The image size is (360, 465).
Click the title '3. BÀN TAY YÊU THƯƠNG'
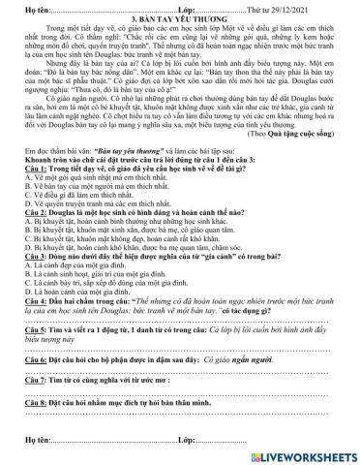pyautogui.click(x=179, y=19)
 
